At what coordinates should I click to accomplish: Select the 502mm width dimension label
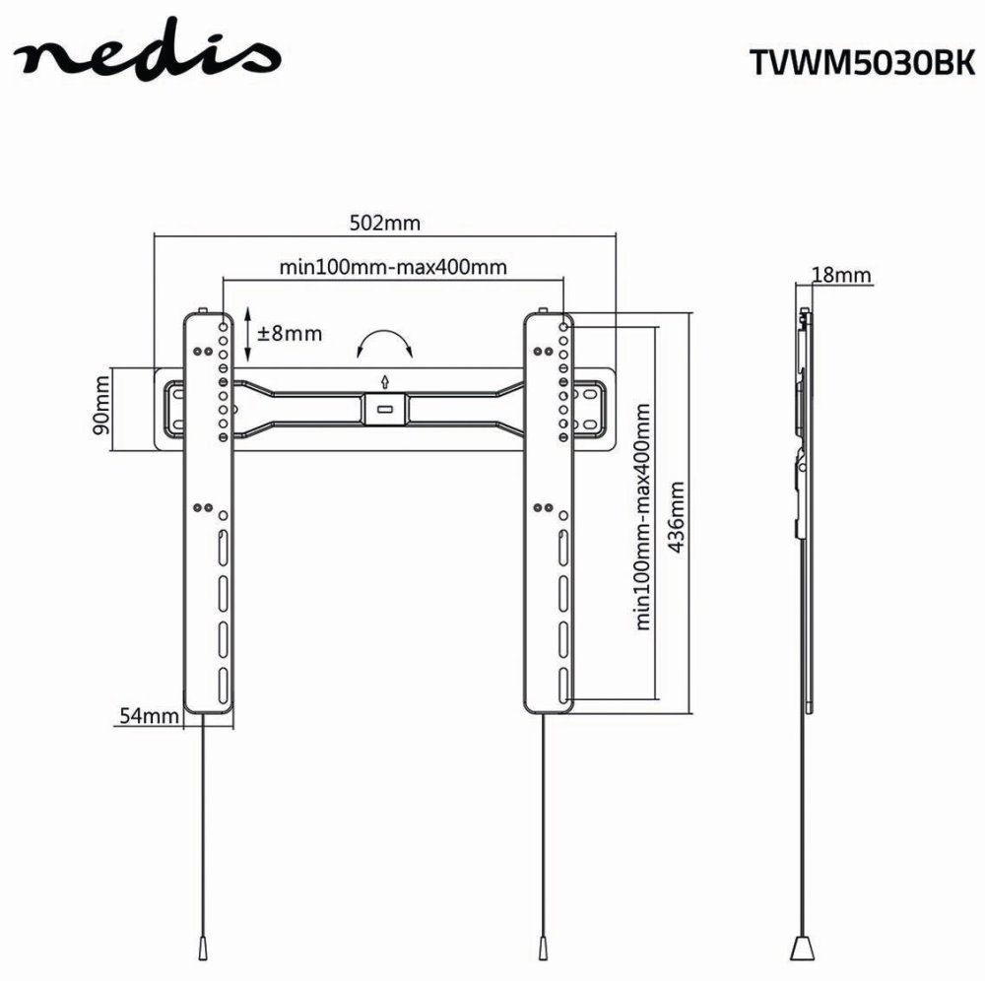[385, 223]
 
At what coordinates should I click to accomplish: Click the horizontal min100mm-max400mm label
[393, 267]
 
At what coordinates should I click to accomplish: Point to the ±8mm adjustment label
[290, 333]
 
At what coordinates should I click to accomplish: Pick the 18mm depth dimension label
[840, 275]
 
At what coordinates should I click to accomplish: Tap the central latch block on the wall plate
[384, 407]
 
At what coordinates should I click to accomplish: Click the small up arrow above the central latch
[384, 381]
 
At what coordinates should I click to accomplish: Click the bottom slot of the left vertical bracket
[223, 681]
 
